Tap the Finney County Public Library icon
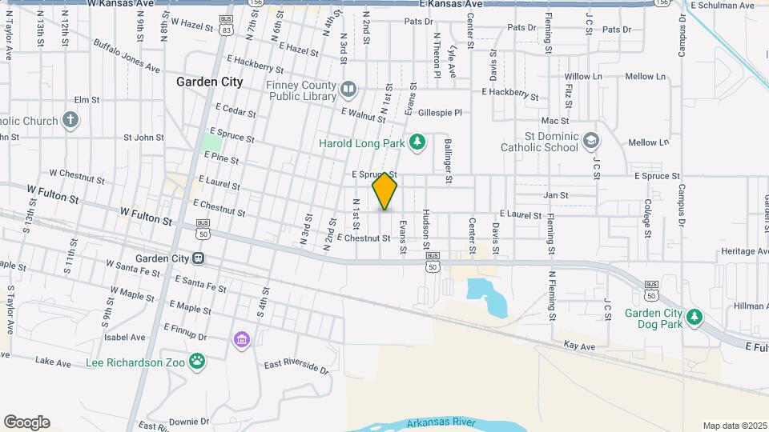(x=348, y=88)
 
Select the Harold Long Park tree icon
(x=417, y=142)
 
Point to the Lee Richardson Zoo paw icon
(x=197, y=362)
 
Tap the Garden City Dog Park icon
(x=695, y=318)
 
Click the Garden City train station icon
(x=197, y=258)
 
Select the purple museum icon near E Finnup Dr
(x=241, y=341)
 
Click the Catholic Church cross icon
(x=70, y=121)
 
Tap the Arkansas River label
(x=441, y=422)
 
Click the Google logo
(x=26, y=422)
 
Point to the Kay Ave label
(x=579, y=346)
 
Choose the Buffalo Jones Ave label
(x=126, y=56)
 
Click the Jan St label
(x=555, y=194)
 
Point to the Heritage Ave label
(x=743, y=251)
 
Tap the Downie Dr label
(x=188, y=421)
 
